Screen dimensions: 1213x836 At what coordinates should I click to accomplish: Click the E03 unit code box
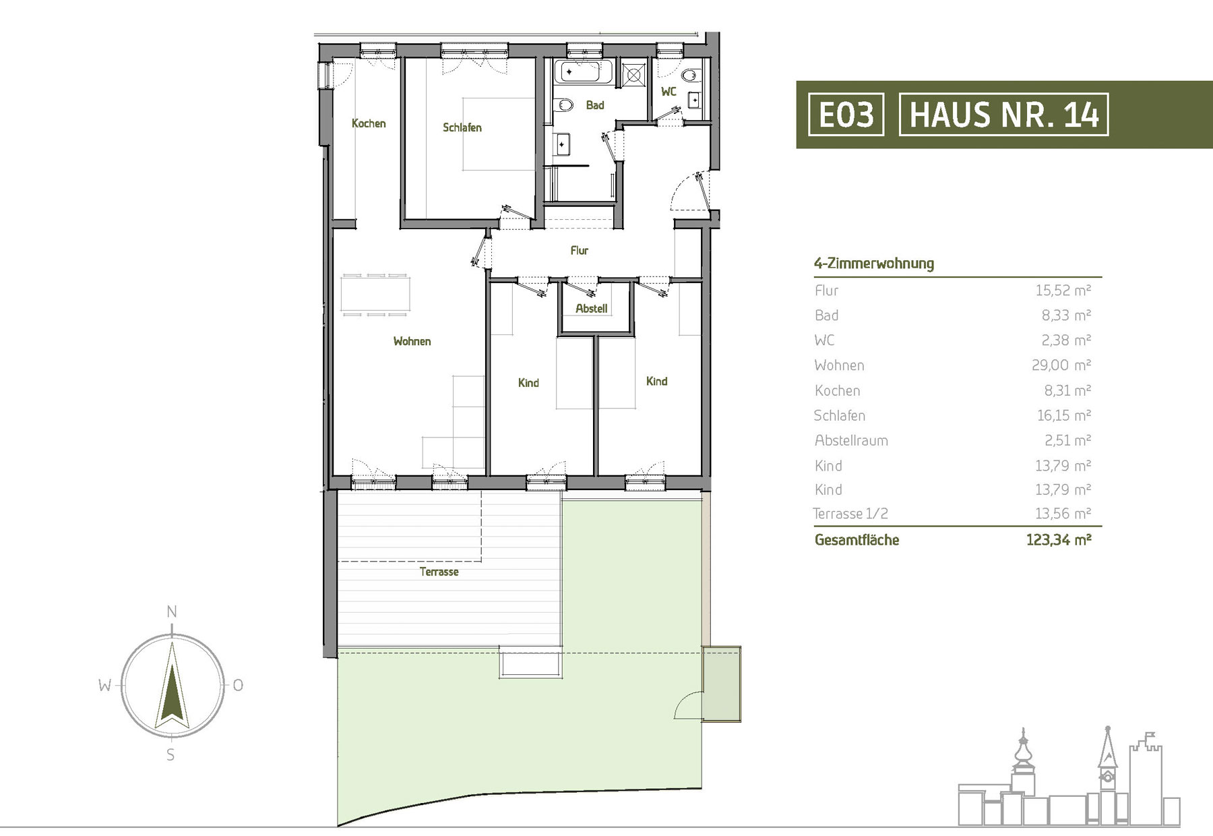(846, 114)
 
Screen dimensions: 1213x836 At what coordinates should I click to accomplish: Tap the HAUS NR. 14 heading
(1003, 114)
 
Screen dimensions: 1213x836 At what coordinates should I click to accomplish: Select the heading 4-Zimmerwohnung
(874, 263)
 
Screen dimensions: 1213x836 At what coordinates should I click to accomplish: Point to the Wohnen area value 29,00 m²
(1061, 365)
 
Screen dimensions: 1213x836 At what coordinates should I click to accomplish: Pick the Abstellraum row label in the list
(851, 440)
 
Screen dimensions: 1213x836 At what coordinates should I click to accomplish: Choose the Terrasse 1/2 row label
(850, 514)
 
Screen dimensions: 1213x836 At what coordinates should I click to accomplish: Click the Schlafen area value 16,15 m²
(1063, 415)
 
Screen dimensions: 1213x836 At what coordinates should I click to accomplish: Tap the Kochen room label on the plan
(369, 123)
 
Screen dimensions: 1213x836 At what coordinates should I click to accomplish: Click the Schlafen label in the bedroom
(462, 127)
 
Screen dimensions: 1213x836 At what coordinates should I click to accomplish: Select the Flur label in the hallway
(580, 250)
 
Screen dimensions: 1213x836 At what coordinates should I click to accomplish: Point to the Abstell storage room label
(592, 308)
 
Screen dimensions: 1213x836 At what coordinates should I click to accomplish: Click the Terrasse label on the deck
(439, 572)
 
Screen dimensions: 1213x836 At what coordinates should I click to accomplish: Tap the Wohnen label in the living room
(412, 341)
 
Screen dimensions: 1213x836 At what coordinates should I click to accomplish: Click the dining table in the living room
(375, 295)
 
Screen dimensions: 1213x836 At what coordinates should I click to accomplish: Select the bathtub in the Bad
(583, 71)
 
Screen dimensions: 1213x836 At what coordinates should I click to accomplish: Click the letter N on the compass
(172, 612)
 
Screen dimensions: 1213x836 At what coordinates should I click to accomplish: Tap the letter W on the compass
(105, 686)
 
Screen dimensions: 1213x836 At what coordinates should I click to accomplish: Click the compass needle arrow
(173, 685)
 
